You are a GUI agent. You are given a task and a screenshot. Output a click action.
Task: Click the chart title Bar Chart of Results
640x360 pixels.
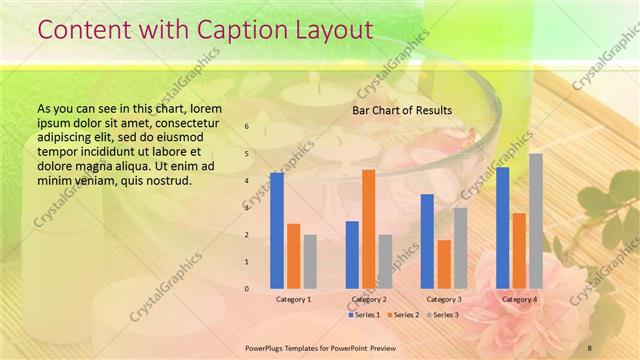tap(402, 110)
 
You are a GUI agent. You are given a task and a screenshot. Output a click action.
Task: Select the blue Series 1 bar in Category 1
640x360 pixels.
tap(277, 230)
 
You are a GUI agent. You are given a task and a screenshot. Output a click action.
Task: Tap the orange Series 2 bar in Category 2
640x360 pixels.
tap(369, 229)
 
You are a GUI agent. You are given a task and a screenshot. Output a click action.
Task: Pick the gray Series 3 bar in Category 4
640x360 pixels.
tap(536, 221)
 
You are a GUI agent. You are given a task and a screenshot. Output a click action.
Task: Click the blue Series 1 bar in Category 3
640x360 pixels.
tap(427, 241)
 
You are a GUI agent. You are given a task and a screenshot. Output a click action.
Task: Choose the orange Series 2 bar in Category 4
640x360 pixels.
tap(519, 251)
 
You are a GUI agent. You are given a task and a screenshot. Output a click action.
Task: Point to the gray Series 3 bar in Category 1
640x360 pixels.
tap(310, 262)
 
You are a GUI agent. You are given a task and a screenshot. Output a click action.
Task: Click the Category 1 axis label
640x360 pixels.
tap(293, 299)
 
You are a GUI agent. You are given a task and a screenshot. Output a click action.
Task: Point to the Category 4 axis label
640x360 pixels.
tap(519, 299)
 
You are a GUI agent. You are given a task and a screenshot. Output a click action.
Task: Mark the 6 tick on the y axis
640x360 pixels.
tap(247, 127)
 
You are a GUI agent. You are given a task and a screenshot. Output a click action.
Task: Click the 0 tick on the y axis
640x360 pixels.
tap(247, 289)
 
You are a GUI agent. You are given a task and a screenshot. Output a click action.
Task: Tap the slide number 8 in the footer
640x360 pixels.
tap(589, 347)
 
